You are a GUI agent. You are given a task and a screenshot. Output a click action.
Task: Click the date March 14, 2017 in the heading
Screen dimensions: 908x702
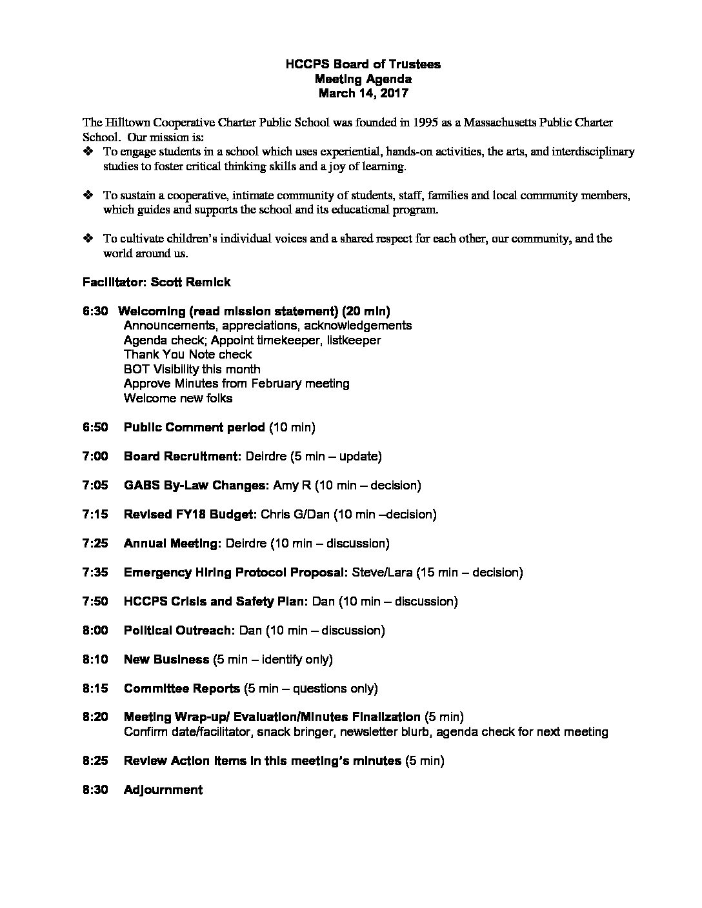363,94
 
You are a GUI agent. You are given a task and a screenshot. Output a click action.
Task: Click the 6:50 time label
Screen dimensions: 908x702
95,427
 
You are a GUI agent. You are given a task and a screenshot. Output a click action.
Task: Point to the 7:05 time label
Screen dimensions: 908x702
95,485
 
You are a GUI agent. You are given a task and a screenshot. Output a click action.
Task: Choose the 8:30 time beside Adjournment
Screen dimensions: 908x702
95,789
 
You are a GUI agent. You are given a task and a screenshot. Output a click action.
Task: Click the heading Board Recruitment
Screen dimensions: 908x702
182,456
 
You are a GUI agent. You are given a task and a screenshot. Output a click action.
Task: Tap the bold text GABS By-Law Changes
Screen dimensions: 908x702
196,485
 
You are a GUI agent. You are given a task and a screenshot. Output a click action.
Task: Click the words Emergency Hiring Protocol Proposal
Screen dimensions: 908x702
236,572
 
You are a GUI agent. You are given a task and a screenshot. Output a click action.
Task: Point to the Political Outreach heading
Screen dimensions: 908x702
179,630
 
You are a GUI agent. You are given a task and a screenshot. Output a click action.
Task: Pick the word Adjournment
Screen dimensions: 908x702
163,789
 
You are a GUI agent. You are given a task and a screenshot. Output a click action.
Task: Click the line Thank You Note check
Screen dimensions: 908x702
187,354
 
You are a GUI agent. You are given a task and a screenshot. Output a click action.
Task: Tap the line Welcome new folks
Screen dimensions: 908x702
177,398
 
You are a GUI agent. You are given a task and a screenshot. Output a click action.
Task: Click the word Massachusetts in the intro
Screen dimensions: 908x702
506,123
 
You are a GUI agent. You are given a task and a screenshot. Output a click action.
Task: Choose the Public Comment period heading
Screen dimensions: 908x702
194,427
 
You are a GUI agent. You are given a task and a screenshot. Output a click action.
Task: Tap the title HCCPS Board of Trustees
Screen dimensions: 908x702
363,64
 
